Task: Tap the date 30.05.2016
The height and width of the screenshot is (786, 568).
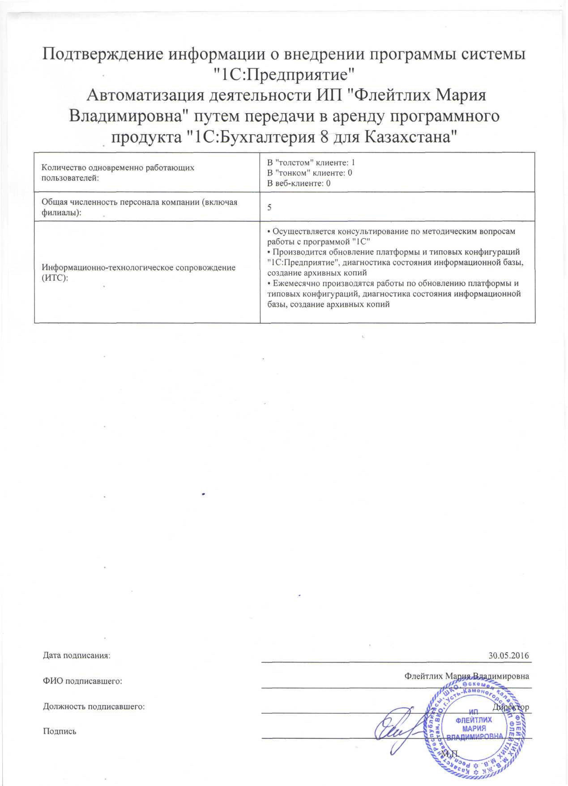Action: pos(509,655)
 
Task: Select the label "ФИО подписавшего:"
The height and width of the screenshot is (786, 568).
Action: pos(83,681)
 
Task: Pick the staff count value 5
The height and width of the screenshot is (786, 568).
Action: pos(269,207)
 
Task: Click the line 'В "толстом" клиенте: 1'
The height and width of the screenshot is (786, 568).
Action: pos(311,162)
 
